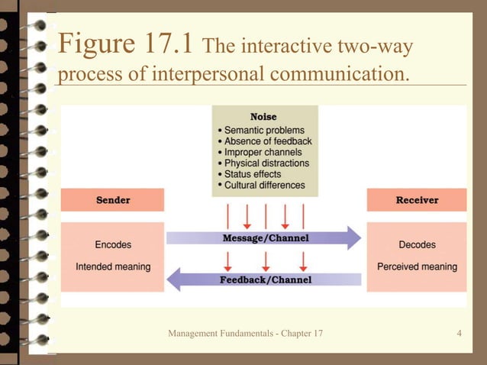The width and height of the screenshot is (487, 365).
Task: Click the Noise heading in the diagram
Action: click(263, 117)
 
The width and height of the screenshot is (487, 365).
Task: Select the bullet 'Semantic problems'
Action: click(264, 130)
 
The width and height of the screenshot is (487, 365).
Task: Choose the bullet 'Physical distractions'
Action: click(266, 163)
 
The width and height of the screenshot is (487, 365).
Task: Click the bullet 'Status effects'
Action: click(253, 174)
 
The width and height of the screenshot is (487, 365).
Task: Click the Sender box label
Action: click(112, 200)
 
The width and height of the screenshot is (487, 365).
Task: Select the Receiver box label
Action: click(417, 200)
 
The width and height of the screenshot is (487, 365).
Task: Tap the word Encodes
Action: click(113, 245)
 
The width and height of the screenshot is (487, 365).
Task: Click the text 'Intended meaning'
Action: click(113, 266)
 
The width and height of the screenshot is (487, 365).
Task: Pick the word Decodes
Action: click(417, 245)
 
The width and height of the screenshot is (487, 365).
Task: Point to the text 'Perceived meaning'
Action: click(417, 266)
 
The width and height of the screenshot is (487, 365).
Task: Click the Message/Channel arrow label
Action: click(265, 238)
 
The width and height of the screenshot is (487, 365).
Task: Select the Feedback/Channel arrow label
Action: click(265, 279)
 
